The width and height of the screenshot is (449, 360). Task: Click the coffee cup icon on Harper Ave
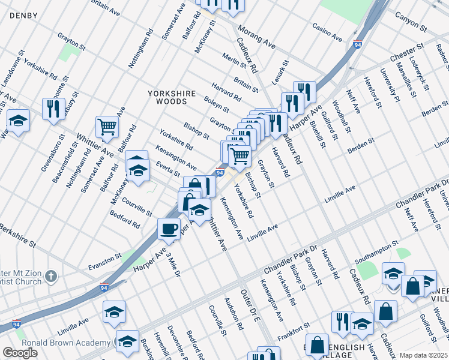169,229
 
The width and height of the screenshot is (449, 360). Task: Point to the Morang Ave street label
256,37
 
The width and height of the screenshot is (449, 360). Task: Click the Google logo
20,352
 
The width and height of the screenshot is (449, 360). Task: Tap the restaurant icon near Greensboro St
54,109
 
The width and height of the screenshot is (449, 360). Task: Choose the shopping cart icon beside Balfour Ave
107,127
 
